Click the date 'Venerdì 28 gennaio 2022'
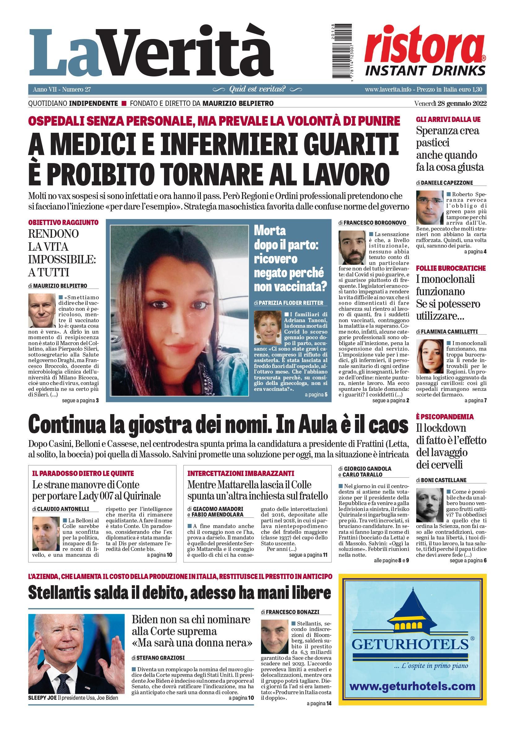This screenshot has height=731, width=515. pyautogui.click(x=450, y=103)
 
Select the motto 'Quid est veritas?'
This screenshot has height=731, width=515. pyautogui.click(x=257, y=89)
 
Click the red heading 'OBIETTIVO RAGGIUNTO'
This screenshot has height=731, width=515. pyautogui.click(x=63, y=222)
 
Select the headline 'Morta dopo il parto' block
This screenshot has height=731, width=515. pyautogui.click(x=290, y=258)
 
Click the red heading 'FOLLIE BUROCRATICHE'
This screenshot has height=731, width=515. pyautogui.click(x=451, y=268)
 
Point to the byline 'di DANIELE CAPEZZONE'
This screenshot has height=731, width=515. pyautogui.click(x=444, y=183)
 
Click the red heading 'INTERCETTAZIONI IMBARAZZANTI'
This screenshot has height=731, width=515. pyautogui.click(x=240, y=473)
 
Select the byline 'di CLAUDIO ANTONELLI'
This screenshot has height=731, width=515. pyautogui.click(x=61, y=509)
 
